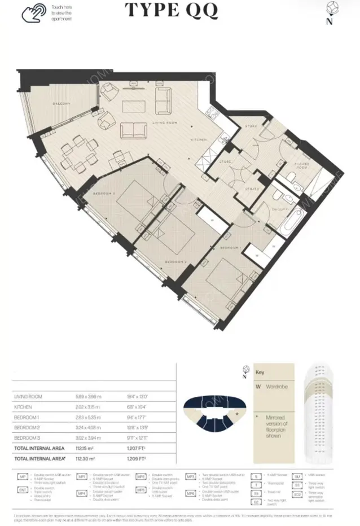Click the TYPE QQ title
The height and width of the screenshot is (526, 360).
(x=170, y=11)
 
